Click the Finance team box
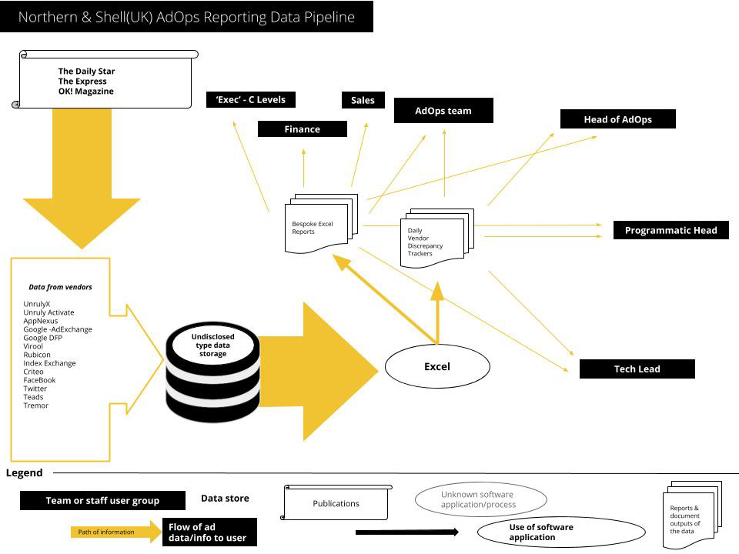pos(302,129)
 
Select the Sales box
pos(363,100)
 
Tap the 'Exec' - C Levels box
pos(251,99)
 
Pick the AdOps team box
pos(443,111)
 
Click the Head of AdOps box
pos(617,119)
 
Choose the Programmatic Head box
pos(670,230)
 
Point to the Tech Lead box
pos(637,369)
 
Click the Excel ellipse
pos(437,366)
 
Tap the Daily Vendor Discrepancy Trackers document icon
pos(433,239)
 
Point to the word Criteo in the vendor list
pos(34,372)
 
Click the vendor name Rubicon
pos(37,355)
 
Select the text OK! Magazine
pos(85,92)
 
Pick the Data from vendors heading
pos(60,287)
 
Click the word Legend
pos(25,473)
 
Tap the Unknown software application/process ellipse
pos(481,500)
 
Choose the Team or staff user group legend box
pos(102,501)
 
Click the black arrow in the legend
pos(406,532)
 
